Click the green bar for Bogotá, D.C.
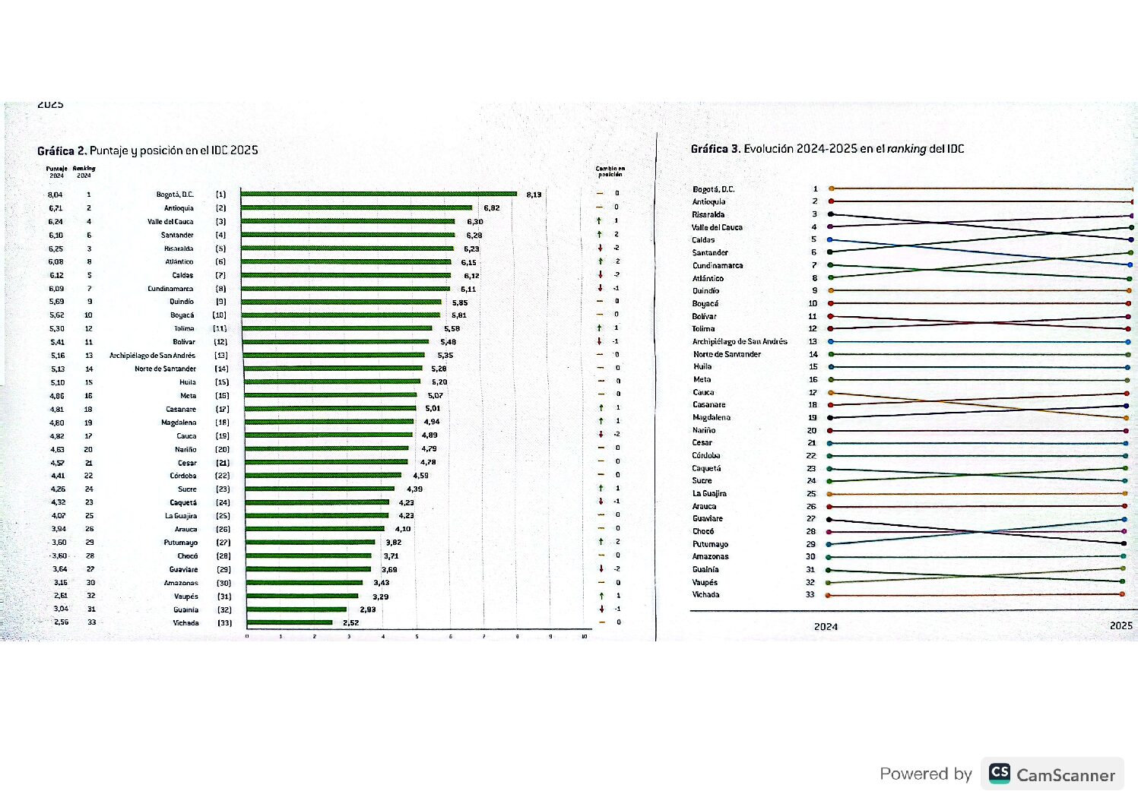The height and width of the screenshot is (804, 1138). coord(379,194)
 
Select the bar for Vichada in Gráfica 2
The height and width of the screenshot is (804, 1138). coord(290,622)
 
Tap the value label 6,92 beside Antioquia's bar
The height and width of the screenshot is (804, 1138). coord(491,207)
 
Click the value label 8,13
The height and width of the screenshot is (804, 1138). coord(534,195)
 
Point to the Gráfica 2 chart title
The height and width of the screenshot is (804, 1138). coord(147,150)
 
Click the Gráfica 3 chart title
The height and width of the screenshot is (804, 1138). coord(827,149)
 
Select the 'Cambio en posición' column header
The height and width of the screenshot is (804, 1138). coord(610,172)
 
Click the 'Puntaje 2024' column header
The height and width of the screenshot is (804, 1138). coord(56,172)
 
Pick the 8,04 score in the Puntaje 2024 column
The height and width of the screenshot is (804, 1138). coord(55,195)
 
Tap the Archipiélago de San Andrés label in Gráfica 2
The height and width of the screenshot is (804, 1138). coord(152,356)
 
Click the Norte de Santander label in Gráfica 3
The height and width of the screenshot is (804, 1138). coord(726,354)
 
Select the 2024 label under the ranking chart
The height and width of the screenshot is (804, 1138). coord(826,627)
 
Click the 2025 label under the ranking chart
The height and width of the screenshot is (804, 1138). coord(1121,625)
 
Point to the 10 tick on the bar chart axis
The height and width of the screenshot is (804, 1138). coord(584,636)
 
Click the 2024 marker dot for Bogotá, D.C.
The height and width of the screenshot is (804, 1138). coord(832,188)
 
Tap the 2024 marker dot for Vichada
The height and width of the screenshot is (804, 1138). coord(830,595)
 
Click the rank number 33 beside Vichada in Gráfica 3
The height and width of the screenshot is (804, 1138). coord(810,594)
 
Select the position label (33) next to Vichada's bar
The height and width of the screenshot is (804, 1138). coord(224,622)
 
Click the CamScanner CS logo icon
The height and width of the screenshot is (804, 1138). coord(999,774)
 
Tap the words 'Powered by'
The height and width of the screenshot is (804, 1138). coord(925,774)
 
